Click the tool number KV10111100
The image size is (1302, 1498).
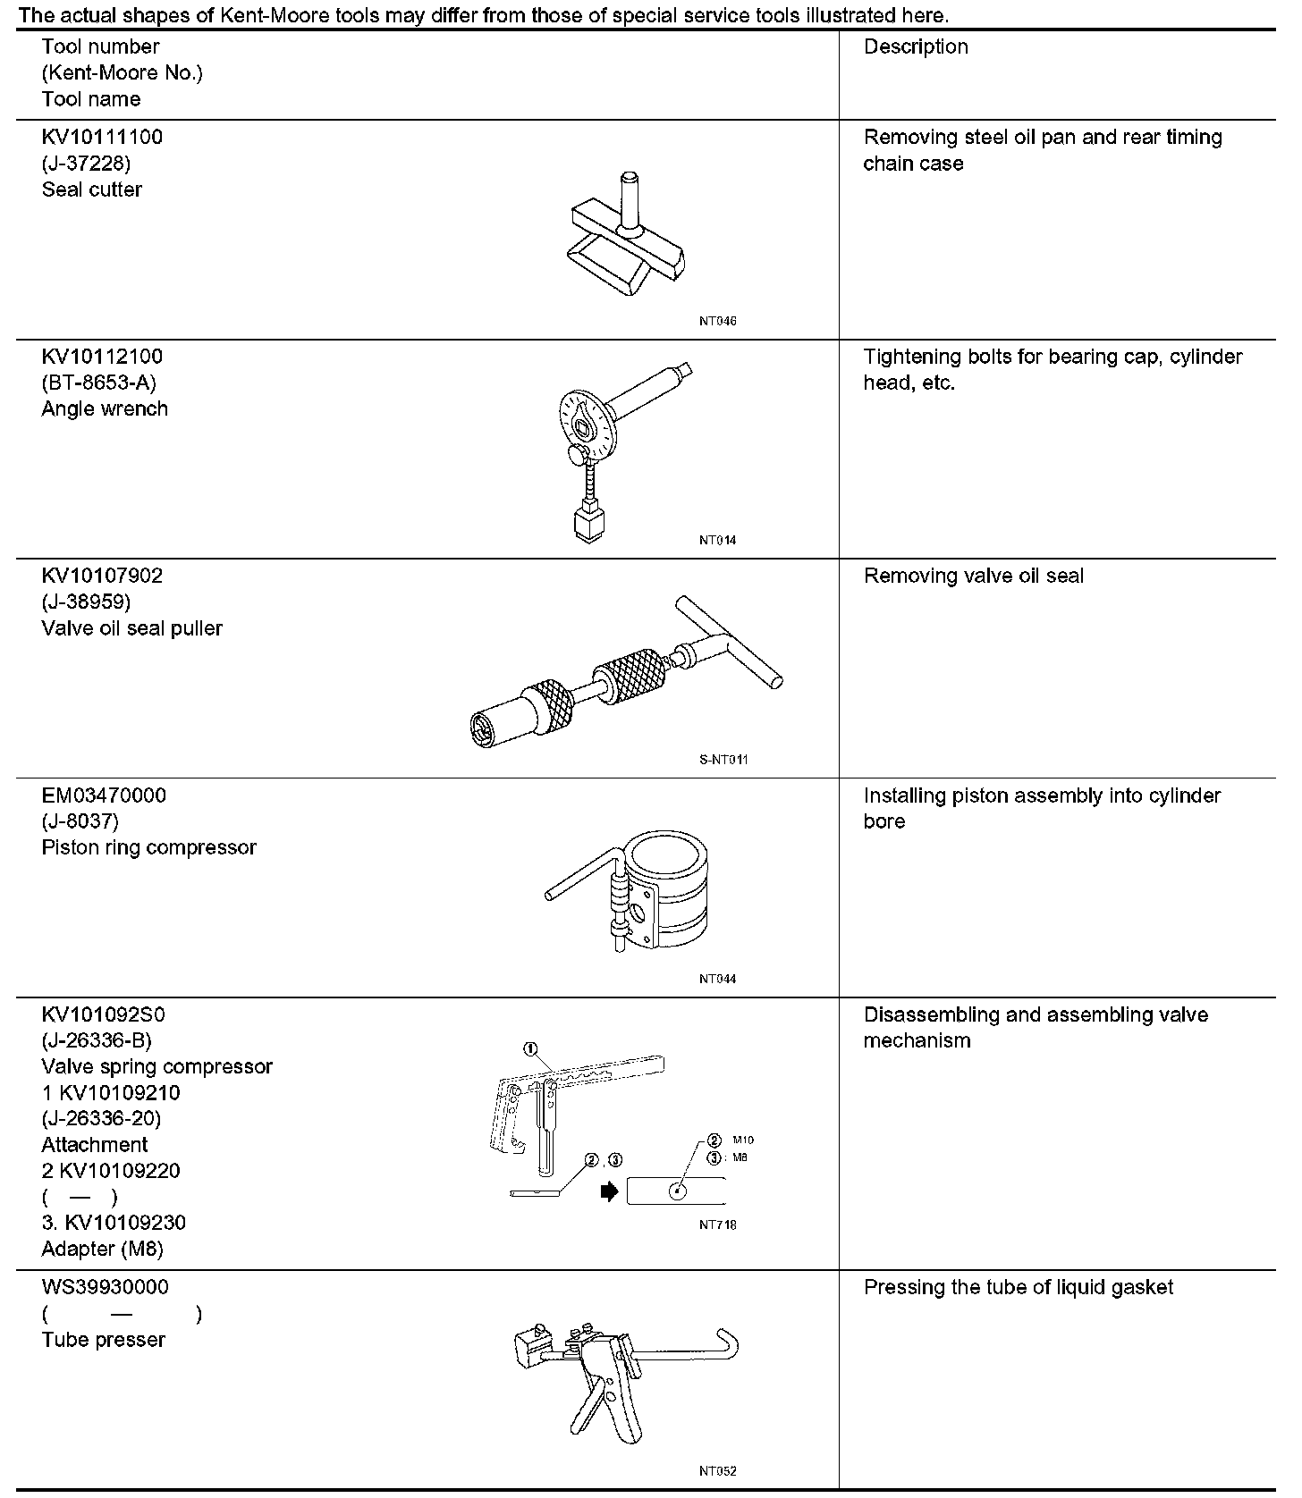click(x=102, y=137)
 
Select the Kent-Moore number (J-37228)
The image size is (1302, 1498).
click(x=86, y=164)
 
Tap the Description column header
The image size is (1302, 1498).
click(x=916, y=46)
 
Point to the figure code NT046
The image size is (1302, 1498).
click(x=717, y=322)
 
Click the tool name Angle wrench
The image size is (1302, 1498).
click(x=105, y=408)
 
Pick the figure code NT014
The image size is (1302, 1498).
click(x=717, y=541)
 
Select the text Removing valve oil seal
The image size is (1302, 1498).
click(x=973, y=576)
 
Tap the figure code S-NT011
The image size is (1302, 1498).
click(x=723, y=760)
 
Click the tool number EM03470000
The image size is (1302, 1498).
click(x=104, y=795)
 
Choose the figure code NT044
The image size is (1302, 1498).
click(x=717, y=979)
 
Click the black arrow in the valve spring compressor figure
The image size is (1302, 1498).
click(x=610, y=1191)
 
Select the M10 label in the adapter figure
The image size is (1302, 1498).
click(x=743, y=1140)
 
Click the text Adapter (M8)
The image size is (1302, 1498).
click(x=102, y=1249)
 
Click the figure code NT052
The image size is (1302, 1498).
click(x=717, y=1471)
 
